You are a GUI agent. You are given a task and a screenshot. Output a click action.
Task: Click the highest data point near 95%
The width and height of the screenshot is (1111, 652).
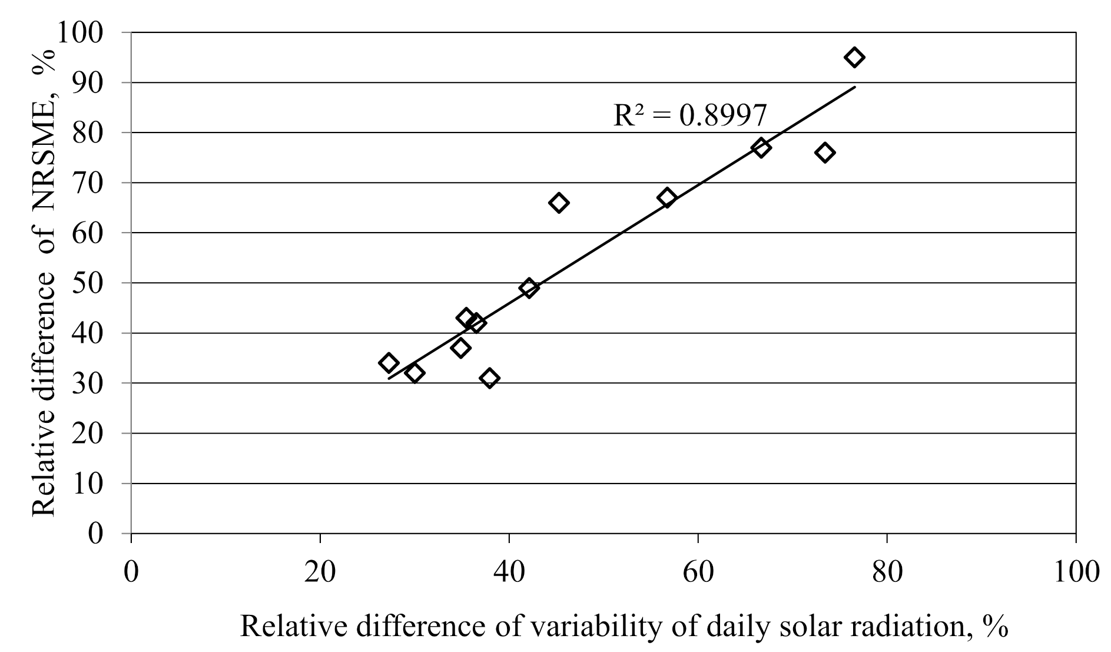[854, 57]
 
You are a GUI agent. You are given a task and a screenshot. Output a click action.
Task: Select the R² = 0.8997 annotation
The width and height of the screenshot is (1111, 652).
[690, 115]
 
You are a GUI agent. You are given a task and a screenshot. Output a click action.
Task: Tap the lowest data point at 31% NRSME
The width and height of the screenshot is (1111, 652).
[489, 378]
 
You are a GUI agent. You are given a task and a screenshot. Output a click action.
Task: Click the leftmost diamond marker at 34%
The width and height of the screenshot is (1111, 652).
[389, 363]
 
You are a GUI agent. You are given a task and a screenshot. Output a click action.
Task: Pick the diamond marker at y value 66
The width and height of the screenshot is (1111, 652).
[559, 203]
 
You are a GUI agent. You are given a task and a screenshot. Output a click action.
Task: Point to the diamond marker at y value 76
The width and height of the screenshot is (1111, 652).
[825, 153]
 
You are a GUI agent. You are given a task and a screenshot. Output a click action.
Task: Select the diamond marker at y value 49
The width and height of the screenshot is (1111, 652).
[529, 288]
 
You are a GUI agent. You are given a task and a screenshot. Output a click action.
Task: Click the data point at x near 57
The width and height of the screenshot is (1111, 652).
[667, 198]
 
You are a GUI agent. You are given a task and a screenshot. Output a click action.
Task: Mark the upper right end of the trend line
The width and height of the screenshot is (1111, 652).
[854, 87]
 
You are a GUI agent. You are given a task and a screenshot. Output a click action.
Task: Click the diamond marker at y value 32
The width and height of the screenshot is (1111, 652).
[414, 373]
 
